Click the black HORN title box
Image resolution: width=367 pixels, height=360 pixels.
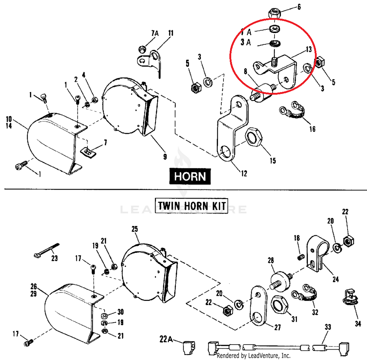(190, 177)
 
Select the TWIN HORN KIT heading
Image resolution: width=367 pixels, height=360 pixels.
(191, 205)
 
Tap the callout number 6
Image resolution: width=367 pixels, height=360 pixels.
(299, 6)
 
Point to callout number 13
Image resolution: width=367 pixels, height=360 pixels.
(308, 49)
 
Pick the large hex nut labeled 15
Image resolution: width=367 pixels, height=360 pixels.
(254, 139)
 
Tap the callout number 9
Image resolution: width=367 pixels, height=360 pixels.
(165, 157)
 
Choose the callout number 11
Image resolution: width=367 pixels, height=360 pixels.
(171, 33)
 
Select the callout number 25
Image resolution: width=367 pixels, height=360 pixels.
(134, 229)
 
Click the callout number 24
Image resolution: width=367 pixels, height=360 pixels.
(335, 279)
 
